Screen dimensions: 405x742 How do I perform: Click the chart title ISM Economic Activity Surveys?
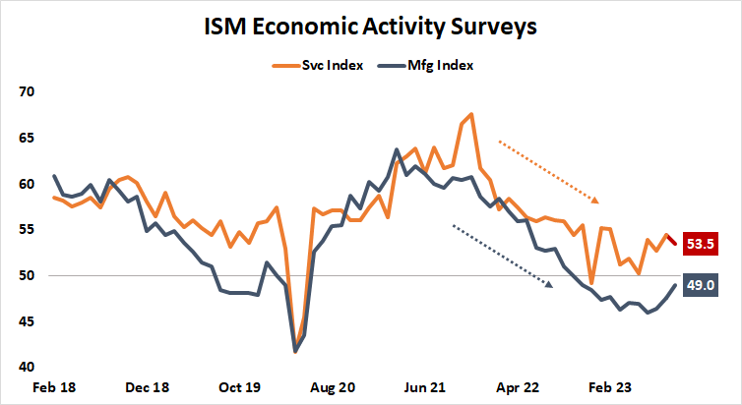[x=370, y=27]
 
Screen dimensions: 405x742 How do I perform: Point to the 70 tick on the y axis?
[x=26, y=92]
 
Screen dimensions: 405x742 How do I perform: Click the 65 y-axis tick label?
[x=26, y=139]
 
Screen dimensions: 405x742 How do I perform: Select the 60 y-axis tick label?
[x=26, y=184]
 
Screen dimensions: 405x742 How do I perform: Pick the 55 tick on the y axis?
[x=26, y=230]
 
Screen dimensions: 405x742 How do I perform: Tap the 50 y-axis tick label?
[x=26, y=276]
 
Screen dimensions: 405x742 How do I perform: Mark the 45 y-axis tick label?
[x=26, y=321]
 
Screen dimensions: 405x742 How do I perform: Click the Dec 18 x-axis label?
[x=146, y=388]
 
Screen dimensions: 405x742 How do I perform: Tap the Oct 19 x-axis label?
[x=238, y=388]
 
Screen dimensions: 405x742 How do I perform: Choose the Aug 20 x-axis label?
[x=331, y=388]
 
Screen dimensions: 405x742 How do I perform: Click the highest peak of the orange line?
[x=471, y=114]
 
